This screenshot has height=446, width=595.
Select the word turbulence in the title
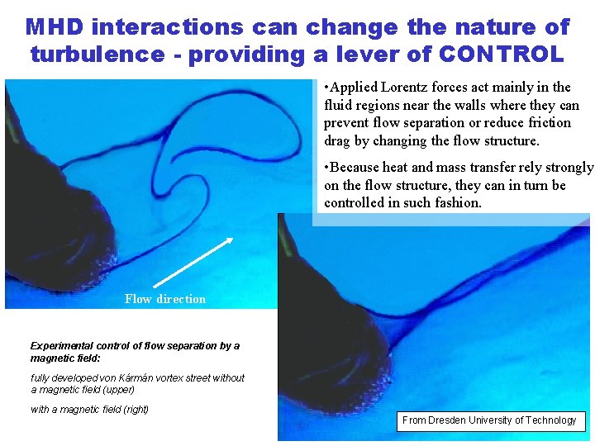[x=98, y=55]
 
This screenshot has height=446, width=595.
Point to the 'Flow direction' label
[x=165, y=299]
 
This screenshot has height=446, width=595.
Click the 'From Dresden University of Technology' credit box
[x=489, y=420]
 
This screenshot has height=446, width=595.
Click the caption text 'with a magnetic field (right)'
[x=89, y=410]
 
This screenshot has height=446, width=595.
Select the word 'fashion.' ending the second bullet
[x=456, y=202]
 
